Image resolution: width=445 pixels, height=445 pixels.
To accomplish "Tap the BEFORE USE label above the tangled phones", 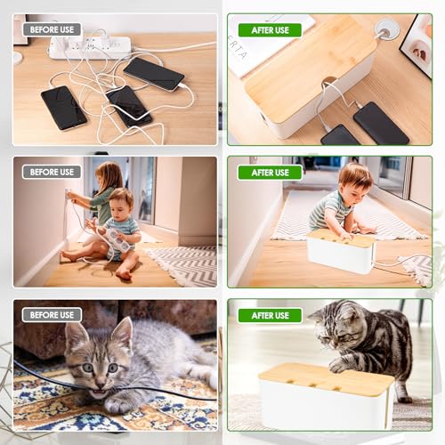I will tap(52, 29).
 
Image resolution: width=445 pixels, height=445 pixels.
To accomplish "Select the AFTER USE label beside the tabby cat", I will tap(270, 314).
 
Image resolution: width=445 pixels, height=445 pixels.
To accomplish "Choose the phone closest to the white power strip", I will tap(153, 73).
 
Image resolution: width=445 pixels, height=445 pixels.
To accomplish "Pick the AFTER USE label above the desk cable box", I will tap(270, 29).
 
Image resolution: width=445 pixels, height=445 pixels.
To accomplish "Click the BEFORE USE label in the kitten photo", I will tap(52, 314).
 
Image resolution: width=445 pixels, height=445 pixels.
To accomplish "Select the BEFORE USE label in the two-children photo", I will tap(52, 172).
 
